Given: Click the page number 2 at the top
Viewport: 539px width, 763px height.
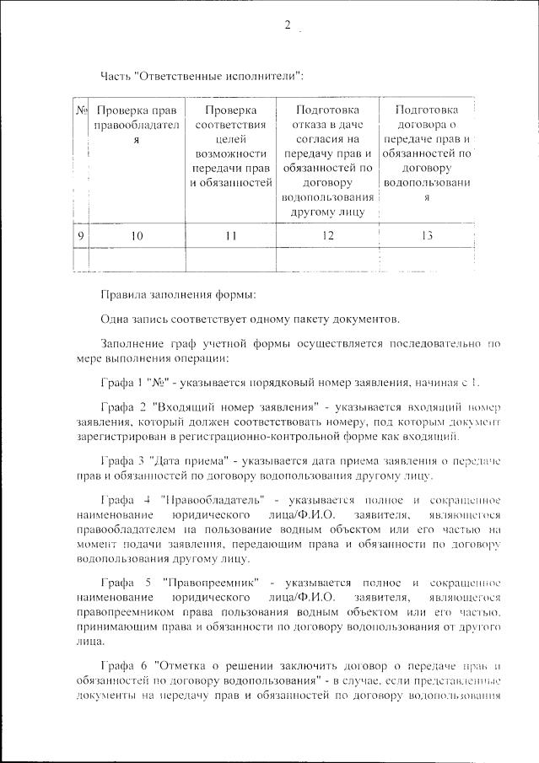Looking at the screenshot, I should coord(287,25).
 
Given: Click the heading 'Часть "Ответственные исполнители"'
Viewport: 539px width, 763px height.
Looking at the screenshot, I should coord(202,76).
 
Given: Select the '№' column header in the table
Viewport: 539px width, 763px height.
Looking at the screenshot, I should coord(82,110).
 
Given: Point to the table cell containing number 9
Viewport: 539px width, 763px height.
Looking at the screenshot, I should coord(82,236).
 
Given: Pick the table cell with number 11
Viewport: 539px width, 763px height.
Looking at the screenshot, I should coord(230,236).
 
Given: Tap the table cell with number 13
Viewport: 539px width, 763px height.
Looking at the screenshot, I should coord(426,236).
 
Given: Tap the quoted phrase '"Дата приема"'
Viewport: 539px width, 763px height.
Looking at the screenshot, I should coord(190,461).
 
